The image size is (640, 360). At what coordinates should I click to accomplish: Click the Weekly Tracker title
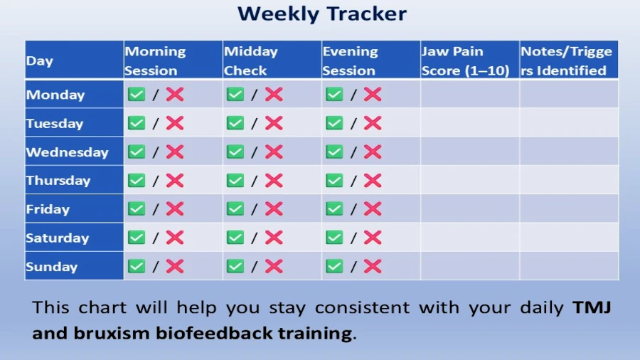coord(322,14)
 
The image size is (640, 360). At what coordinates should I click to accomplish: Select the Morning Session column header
coord(155,60)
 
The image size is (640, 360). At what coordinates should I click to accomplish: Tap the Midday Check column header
coord(250,60)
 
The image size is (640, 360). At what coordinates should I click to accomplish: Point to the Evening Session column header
coord(350,60)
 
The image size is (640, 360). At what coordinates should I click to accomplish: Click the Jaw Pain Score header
coord(465,60)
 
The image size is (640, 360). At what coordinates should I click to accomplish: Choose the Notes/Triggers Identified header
coord(566,60)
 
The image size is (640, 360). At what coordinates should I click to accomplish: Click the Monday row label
coord(55,95)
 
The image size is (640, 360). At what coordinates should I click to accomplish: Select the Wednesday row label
coord(68,152)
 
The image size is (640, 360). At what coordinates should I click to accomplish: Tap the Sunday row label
coord(52,267)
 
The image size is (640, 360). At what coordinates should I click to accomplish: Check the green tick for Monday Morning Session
coord(137,95)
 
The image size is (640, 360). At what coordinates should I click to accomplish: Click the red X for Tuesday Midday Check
coord(274,123)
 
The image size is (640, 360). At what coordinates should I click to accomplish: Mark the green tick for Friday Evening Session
coord(334,208)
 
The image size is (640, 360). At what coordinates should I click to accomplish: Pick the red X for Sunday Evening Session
coord(373,266)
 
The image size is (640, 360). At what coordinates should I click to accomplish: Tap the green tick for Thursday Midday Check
coord(235,180)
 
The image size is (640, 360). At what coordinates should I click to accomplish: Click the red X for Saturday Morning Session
coord(175,237)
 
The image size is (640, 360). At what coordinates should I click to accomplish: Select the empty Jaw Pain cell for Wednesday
coord(470,151)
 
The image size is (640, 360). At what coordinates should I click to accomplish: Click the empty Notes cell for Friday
coord(569,208)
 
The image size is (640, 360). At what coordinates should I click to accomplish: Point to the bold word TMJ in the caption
coord(592,307)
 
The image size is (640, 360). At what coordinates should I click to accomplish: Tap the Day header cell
coord(74,60)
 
